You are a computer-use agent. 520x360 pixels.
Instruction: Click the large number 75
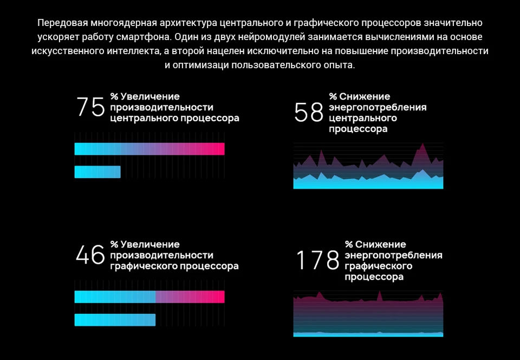point(90,107)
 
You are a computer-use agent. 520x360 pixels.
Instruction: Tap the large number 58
point(308,113)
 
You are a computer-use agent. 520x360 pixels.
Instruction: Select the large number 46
point(90,254)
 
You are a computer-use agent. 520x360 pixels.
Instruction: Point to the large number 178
point(318,260)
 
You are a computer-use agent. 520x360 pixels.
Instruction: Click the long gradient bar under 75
point(149,149)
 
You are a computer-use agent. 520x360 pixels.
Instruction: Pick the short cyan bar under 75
point(97,172)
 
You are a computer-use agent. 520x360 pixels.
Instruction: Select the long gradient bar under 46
point(149,297)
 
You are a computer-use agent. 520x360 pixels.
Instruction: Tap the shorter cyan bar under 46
point(115,320)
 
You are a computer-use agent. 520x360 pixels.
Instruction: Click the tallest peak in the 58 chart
point(422,143)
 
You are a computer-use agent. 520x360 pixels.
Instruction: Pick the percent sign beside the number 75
point(114,96)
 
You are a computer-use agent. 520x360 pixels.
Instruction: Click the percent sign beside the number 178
point(349,244)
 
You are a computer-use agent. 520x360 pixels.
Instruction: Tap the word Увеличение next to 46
point(150,244)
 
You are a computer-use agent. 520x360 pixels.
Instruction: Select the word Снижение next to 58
point(365,96)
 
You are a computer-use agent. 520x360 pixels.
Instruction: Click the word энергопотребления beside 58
point(378,108)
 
